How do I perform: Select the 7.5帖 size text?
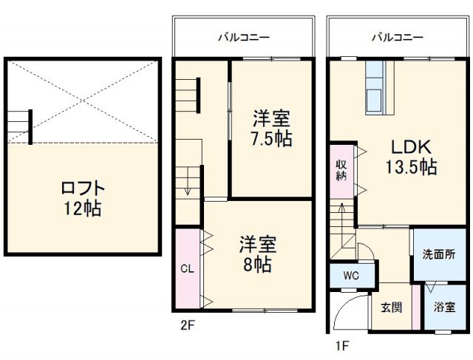click(270, 138)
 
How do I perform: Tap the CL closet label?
click(187, 269)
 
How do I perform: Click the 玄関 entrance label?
click(391, 307)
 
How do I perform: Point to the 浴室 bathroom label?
click(443, 307)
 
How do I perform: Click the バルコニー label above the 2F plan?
click(243, 36)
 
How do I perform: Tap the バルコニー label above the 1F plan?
click(397, 36)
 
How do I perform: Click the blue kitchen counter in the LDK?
click(374, 88)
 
